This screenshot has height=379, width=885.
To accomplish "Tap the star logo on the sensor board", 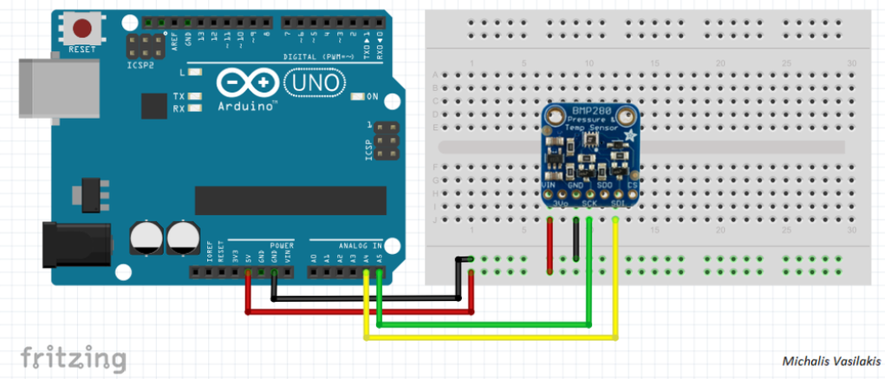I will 629,137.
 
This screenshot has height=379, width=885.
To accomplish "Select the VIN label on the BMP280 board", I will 549,184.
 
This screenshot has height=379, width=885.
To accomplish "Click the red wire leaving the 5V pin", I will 249,295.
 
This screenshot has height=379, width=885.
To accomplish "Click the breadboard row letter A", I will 434,75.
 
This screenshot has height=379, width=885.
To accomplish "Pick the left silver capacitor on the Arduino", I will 146,237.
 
